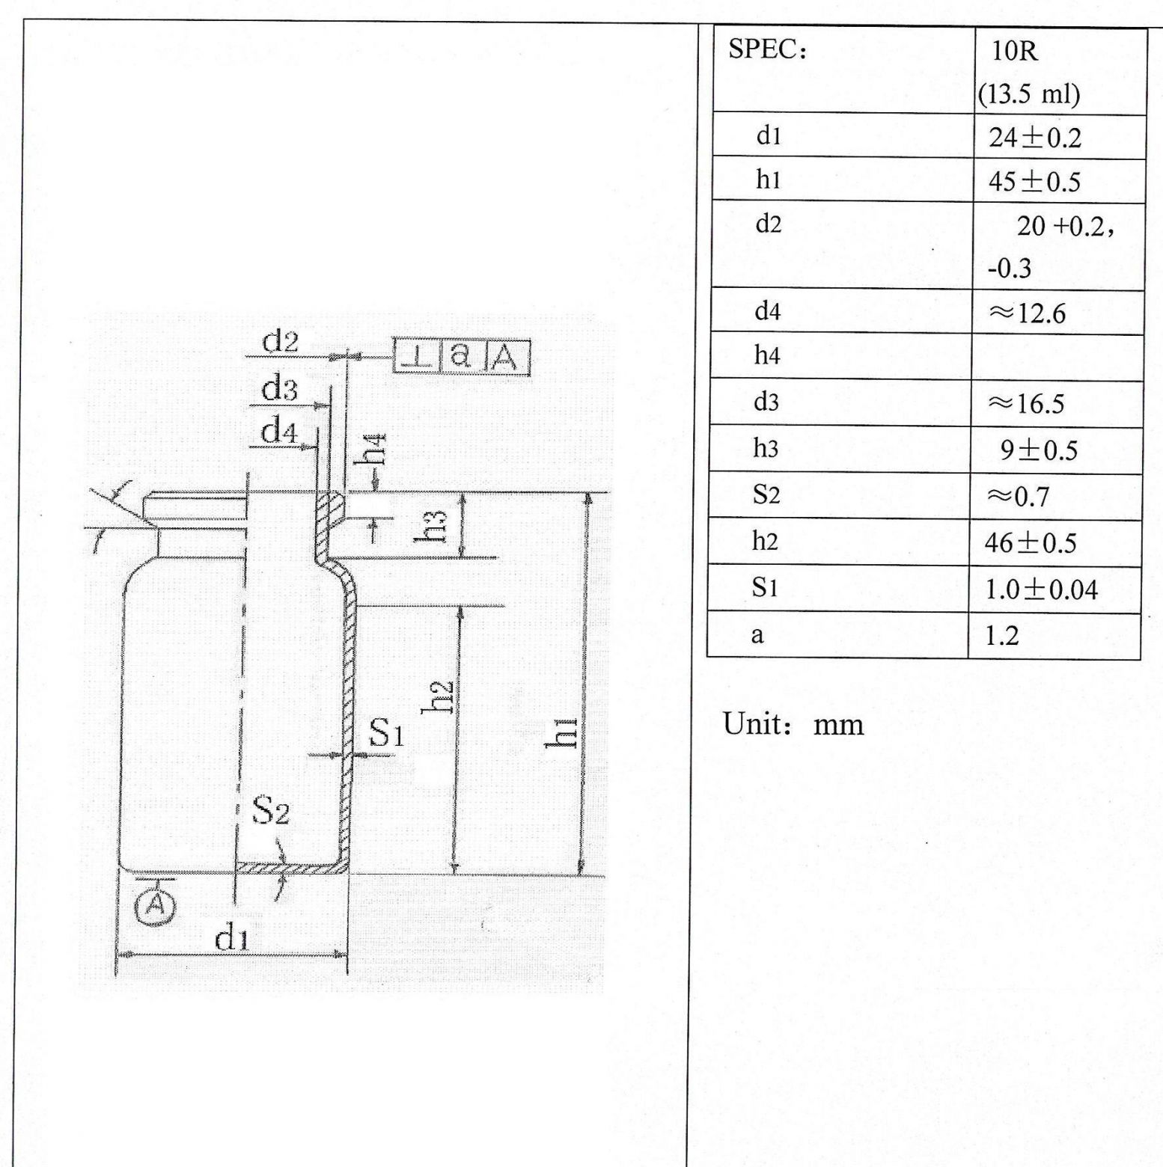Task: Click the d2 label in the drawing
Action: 280,341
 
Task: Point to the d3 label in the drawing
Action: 278,390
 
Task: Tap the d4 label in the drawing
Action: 278,432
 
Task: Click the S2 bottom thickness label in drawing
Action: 269,810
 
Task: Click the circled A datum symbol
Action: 155,906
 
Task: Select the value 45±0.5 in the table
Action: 1034,182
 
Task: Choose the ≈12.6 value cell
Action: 1027,313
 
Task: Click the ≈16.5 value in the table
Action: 1026,404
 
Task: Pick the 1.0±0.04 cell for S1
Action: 1041,589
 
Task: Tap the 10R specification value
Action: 1015,52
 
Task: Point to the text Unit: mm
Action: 793,724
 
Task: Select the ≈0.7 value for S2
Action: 1018,496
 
